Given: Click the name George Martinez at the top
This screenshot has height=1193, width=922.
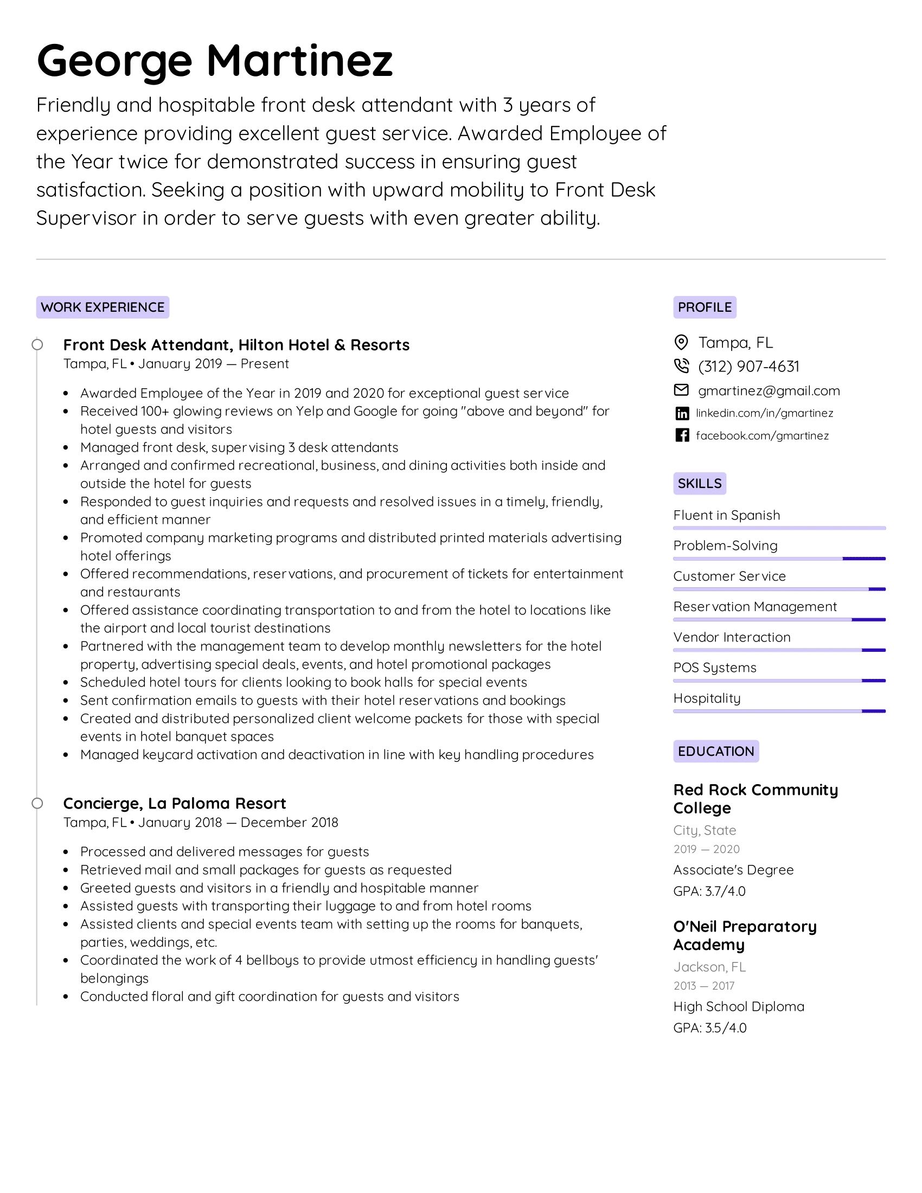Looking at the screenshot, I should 215,60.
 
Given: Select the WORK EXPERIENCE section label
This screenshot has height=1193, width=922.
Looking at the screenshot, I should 103,307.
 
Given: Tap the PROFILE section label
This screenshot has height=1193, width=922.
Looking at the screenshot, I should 705,307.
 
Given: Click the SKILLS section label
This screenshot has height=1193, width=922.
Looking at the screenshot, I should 699,483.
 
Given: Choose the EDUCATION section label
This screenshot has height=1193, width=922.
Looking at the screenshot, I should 715,751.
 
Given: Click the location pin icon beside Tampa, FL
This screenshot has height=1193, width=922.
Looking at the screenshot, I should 681,343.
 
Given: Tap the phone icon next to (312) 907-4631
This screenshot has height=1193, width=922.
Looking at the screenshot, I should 681,365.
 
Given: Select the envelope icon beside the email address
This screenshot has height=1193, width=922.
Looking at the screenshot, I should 681,390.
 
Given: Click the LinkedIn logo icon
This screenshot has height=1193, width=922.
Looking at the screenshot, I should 682,414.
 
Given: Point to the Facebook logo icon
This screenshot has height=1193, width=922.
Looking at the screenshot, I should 682,435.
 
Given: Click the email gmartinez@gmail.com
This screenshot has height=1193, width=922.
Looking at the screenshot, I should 769,390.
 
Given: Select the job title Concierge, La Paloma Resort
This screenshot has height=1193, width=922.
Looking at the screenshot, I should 174,804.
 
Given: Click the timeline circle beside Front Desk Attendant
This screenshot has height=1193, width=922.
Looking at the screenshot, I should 37,345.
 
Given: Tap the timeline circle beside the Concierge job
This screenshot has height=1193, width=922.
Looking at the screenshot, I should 37,804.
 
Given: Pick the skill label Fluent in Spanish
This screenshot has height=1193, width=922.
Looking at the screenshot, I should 726,515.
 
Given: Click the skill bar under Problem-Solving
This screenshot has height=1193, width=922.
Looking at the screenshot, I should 779,559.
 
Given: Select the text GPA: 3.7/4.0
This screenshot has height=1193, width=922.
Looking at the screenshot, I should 709,891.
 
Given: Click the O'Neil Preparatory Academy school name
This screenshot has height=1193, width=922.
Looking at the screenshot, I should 745,936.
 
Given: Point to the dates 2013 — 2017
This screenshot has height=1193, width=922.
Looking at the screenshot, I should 703,986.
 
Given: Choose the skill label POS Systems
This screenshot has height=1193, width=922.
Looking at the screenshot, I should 714,668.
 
